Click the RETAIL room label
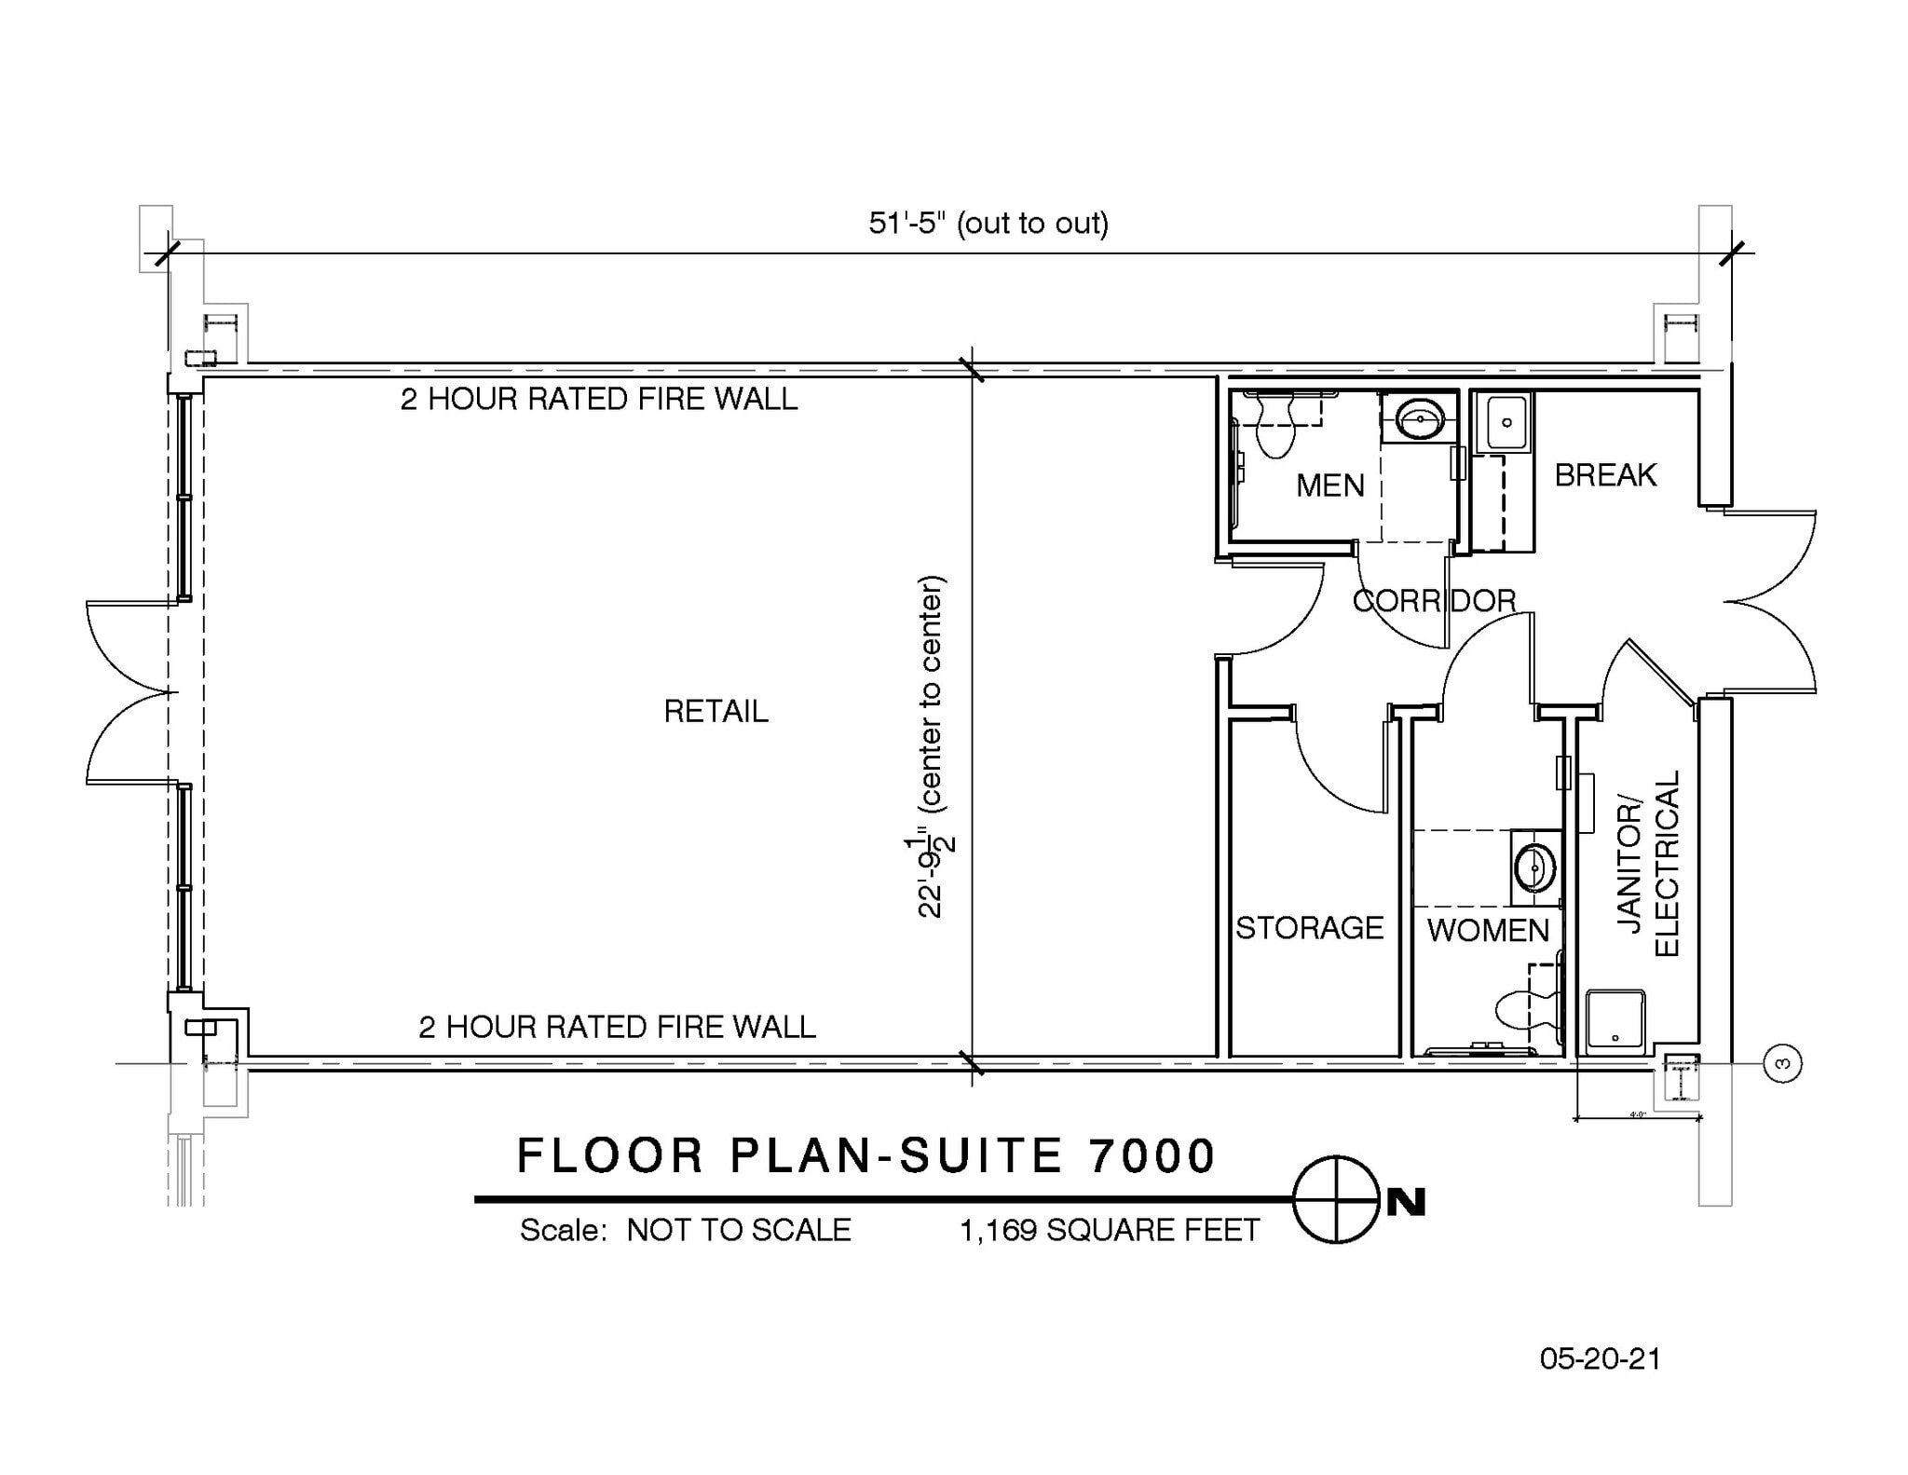[x=715, y=712]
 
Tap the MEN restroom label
[x=1329, y=485]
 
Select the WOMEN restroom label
[x=1487, y=930]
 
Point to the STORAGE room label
[x=1309, y=928]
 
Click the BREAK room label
[x=1605, y=476]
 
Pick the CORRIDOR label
[x=1434, y=601]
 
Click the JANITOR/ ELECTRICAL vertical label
[x=1649, y=864]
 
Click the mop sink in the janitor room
[x=1615, y=1021]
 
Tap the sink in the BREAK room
[x=1506, y=423]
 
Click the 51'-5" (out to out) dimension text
[x=988, y=224]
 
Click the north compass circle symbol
[x=1336, y=1199]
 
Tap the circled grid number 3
[x=1783, y=1063]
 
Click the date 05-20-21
[x=1600, y=1359]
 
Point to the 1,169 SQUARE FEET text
[x=1109, y=1230]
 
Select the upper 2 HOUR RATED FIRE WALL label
[x=599, y=399]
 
